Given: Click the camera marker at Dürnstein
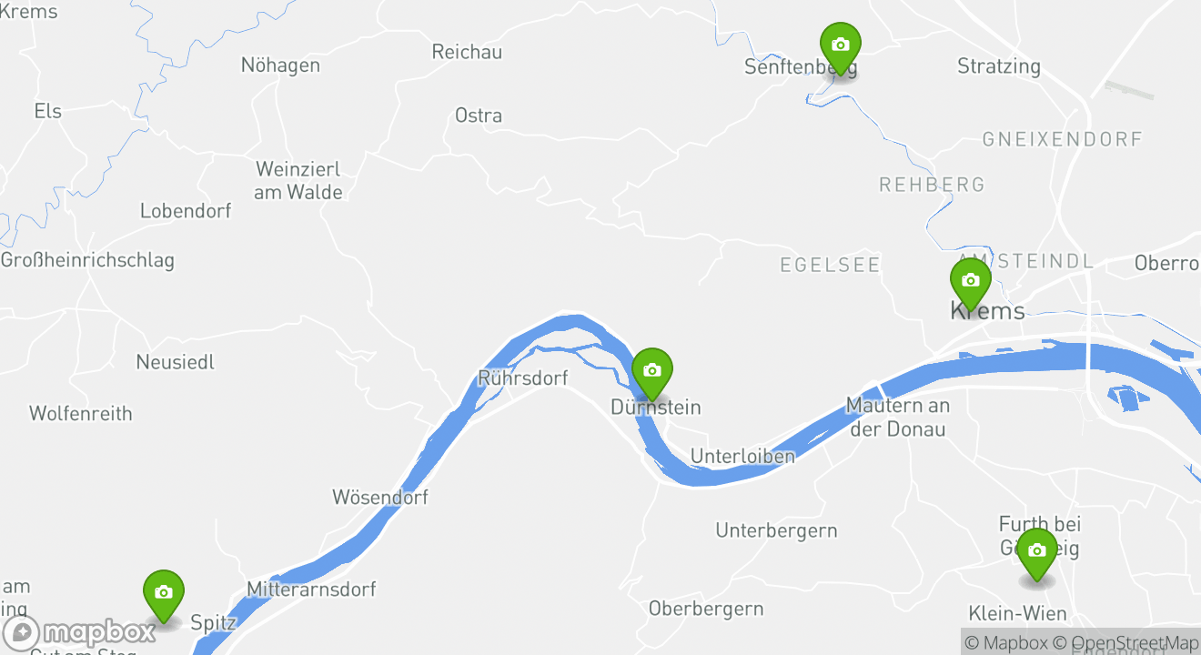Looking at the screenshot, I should pos(651,371).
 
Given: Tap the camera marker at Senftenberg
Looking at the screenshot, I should pos(840,45).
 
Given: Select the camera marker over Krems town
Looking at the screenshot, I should pos(970,281).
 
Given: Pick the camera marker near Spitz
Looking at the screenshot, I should pos(164,593).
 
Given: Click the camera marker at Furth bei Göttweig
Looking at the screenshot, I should pos(1036,551).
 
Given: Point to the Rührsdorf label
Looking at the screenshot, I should pos(522,378).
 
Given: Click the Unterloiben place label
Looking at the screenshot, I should pos(742,456).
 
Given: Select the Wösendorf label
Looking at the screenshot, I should pos(379,497).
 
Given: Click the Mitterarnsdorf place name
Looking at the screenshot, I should pos(311,589).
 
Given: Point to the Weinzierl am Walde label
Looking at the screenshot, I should pos(298,180).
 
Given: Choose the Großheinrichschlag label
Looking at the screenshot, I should pos(87,260).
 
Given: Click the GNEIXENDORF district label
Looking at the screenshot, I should pos(1062,139).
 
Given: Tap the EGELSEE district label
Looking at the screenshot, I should pos(830,265).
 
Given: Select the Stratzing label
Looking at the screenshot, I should pos(998,66).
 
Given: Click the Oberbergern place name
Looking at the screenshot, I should pos(705,609).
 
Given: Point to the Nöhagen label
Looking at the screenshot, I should pos(280,65).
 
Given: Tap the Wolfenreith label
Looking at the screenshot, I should pos(81,414).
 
